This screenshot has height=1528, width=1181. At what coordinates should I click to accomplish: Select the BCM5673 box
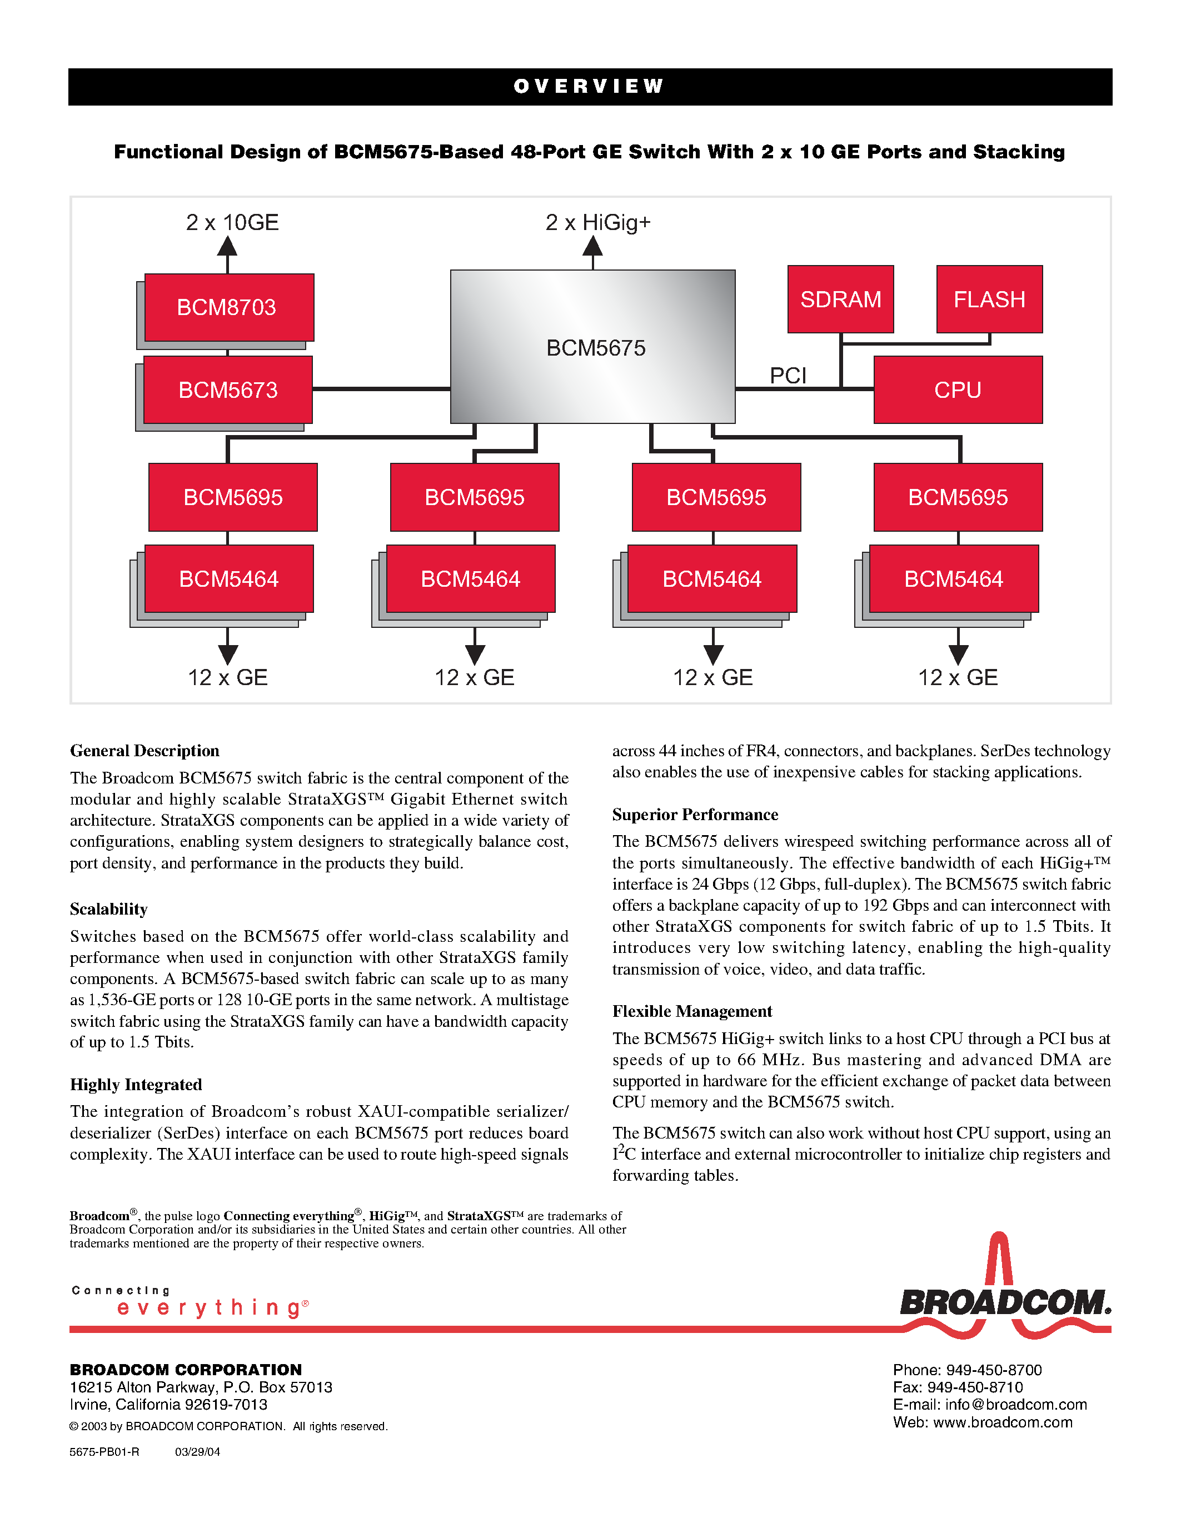tap(227, 390)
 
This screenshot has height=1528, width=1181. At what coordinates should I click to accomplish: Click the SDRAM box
tap(840, 299)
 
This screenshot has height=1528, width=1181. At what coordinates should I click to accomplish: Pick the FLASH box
tap(989, 299)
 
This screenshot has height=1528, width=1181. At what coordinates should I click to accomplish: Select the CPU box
tap(958, 390)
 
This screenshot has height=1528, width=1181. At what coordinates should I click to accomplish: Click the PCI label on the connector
tap(788, 376)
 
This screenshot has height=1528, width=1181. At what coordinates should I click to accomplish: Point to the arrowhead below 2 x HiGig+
tap(592, 246)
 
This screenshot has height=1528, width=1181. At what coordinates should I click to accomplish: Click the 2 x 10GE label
tap(232, 222)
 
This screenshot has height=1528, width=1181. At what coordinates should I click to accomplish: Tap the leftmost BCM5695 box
tap(233, 497)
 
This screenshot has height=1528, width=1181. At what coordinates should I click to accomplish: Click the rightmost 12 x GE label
tap(958, 677)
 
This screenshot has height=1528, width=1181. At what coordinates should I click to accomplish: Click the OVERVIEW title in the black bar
tap(589, 87)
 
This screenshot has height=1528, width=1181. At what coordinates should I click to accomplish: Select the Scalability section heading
tap(108, 909)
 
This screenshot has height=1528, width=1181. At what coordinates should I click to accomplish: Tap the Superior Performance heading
tap(695, 815)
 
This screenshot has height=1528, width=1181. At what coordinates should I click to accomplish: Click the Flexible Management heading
tap(692, 1011)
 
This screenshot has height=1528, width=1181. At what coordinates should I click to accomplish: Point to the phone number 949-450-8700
tap(994, 1370)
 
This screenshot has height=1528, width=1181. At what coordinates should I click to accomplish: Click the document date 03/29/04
tap(197, 1452)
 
